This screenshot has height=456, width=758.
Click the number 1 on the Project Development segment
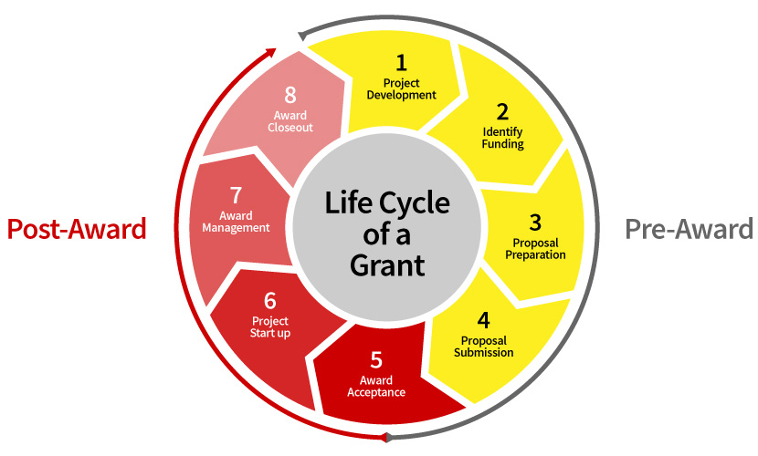(400, 63)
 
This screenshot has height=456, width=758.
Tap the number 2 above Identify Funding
(502, 112)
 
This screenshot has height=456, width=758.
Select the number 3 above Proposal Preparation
(535, 222)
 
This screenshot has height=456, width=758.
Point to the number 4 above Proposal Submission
(483, 320)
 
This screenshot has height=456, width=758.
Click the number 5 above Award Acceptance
(375, 360)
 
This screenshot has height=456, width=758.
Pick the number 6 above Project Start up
(269, 301)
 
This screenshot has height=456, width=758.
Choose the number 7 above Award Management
(236, 195)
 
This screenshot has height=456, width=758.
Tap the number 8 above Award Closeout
(290, 96)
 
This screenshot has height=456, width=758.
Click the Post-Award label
(77, 229)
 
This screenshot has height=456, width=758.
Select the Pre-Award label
(690, 229)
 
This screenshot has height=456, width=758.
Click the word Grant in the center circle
(388, 264)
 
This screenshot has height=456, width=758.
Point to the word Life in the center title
(347, 202)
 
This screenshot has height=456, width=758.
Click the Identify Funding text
(503, 138)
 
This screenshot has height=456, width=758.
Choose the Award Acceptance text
(375, 387)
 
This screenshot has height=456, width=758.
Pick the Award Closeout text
(290, 121)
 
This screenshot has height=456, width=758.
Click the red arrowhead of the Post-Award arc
(270, 53)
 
